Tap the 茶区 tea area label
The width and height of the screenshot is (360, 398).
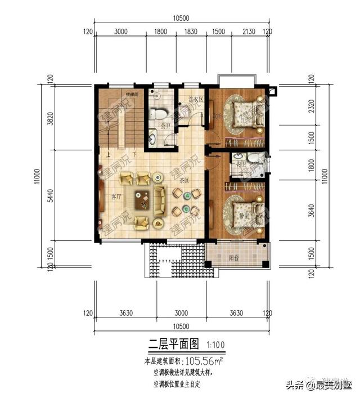coord(183,181)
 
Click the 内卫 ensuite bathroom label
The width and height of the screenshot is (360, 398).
coord(241,164)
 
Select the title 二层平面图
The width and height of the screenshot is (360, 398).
coord(174,343)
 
